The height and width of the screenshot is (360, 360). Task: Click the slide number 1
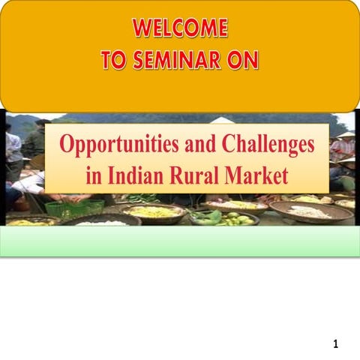[336, 344]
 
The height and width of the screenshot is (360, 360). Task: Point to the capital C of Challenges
[227, 145]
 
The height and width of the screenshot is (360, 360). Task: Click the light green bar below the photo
[180, 241]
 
